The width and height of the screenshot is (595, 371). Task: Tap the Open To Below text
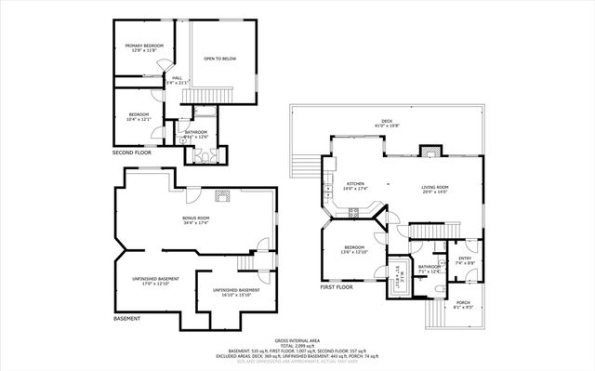point(220,59)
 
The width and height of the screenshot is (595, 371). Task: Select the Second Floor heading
point(131,152)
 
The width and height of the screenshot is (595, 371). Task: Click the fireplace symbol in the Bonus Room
point(221,195)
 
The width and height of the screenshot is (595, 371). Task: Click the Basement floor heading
point(127,319)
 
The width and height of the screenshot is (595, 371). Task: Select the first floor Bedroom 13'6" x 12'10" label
point(355,249)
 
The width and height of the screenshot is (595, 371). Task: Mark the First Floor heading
point(338,287)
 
